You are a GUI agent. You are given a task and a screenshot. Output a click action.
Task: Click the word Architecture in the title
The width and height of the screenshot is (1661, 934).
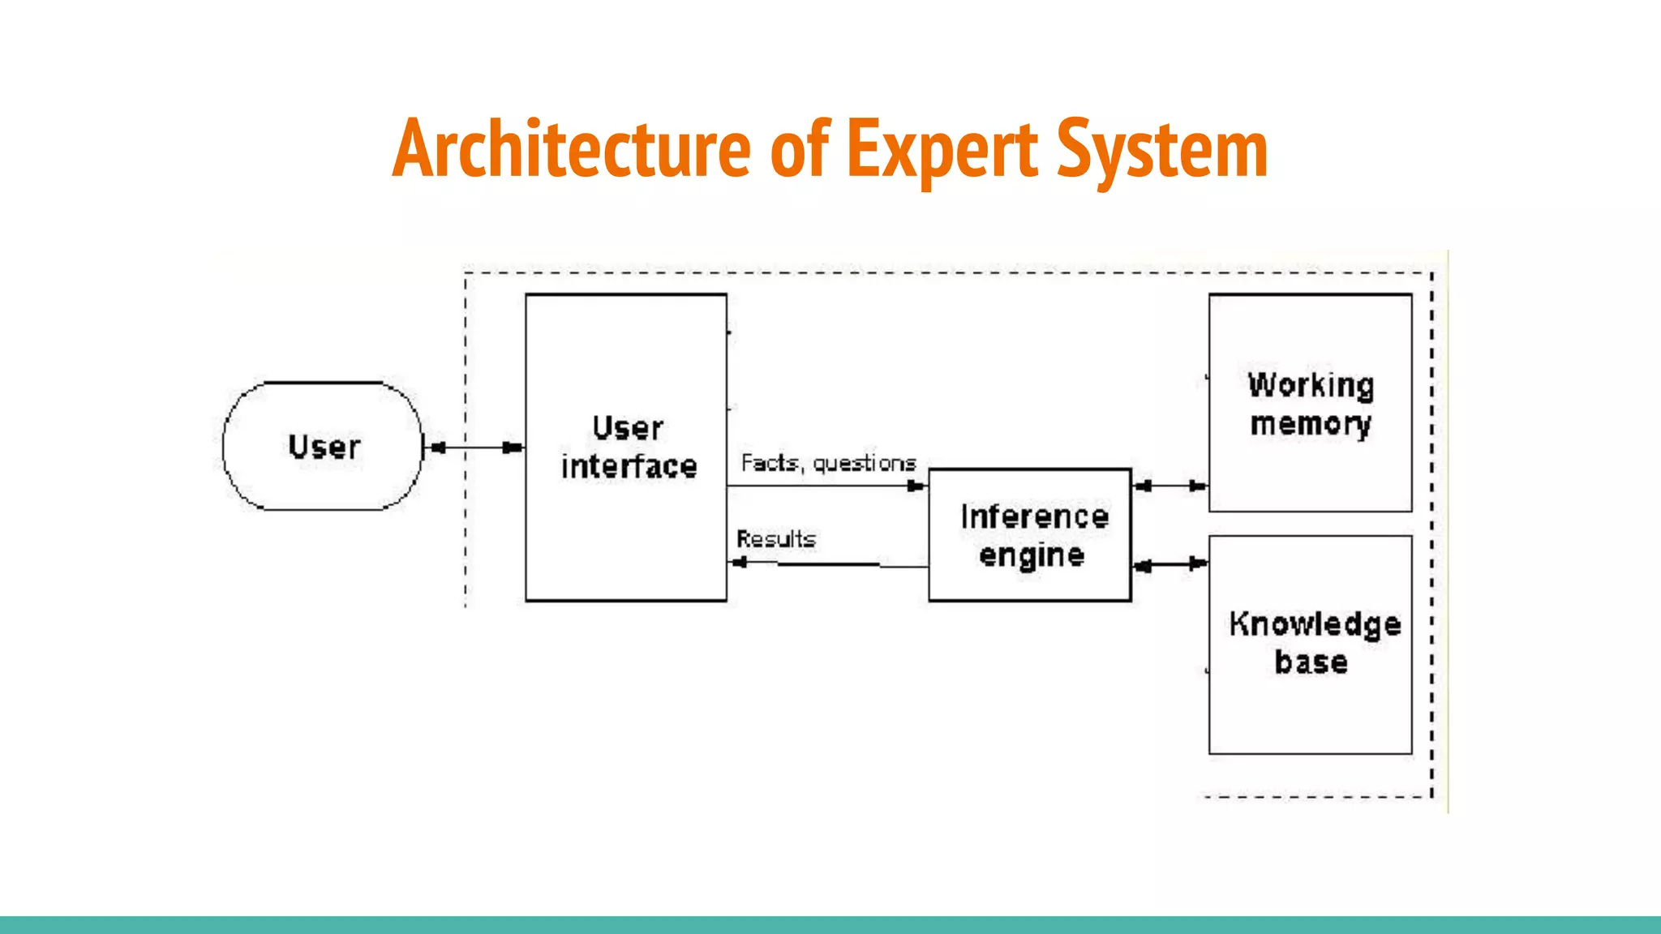pyautogui.click(x=572, y=149)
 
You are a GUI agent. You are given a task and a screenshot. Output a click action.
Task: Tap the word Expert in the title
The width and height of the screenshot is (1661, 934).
pyautogui.click(x=942, y=151)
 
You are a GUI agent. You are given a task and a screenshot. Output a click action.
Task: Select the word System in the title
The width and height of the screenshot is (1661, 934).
pyautogui.click(x=1162, y=151)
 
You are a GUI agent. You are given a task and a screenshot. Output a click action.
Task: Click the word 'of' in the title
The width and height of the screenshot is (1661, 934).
pyautogui.click(x=800, y=149)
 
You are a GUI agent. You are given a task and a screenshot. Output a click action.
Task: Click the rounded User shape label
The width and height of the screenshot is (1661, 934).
pyautogui.click(x=324, y=447)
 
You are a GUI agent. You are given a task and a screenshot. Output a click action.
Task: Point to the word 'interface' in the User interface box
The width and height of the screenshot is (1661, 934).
pyautogui.click(x=629, y=467)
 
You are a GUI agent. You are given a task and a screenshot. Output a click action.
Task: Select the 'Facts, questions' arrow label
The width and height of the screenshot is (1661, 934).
pyautogui.click(x=828, y=463)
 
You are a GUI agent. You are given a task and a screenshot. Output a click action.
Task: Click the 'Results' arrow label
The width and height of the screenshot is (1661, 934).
pyautogui.click(x=775, y=539)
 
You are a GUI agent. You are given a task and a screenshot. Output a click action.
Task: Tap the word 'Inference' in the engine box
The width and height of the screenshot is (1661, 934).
pyautogui.click(x=1034, y=517)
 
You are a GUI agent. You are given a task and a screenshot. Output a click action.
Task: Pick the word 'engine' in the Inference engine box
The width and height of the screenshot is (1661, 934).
pyautogui.click(x=1031, y=556)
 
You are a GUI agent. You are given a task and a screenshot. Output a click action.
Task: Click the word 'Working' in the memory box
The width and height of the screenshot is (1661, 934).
pyautogui.click(x=1311, y=385)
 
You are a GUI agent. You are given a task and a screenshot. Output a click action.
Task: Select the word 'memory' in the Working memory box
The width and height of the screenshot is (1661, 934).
pyautogui.click(x=1311, y=424)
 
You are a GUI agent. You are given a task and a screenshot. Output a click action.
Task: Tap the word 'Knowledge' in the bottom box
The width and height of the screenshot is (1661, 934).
pyautogui.click(x=1315, y=624)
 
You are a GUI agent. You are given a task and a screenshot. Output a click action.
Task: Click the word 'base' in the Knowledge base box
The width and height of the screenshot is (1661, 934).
pyautogui.click(x=1311, y=662)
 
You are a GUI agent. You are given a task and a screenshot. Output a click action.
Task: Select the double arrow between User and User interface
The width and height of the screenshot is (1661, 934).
pyautogui.click(x=474, y=448)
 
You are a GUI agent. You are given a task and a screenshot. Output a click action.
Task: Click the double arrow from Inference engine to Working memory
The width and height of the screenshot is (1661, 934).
pyautogui.click(x=1170, y=486)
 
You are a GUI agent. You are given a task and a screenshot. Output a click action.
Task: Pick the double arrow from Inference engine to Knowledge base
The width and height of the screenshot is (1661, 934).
pyautogui.click(x=1170, y=564)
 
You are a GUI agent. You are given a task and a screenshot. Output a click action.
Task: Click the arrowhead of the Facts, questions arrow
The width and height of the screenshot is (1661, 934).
pyautogui.click(x=916, y=486)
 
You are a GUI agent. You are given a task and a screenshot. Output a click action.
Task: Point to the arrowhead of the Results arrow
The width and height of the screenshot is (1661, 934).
pyautogui.click(x=740, y=563)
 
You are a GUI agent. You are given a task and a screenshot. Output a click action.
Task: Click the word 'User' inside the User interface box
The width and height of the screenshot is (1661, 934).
pyautogui.click(x=627, y=428)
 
